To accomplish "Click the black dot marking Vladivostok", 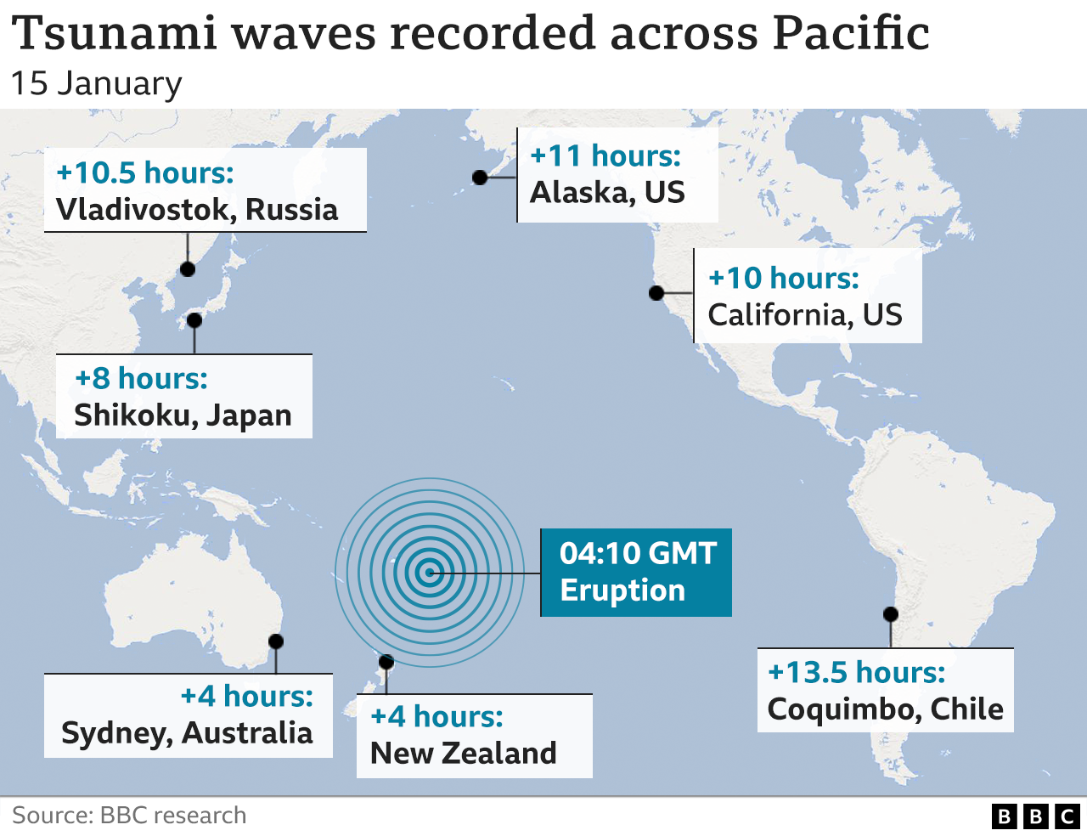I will point(188,269).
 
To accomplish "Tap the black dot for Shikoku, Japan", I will point(194,320).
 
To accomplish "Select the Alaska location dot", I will point(480,178).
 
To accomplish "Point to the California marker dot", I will point(656,293).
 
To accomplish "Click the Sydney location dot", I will point(276,641).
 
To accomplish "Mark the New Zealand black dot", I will point(386,662).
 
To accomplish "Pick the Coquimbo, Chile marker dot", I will point(891,614).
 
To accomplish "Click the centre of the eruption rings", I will point(430,573).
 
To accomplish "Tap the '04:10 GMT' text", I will point(638,553).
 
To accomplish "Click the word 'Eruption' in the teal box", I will point(622,590).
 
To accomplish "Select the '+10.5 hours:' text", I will point(145,173).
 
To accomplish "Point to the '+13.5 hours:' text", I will point(856,673).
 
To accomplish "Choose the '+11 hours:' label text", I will point(605,156).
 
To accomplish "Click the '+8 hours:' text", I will point(141,379).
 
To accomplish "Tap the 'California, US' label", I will point(805,315).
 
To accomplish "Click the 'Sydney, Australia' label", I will point(187,733).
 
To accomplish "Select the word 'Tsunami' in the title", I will point(115,34).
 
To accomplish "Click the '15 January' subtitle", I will point(97,83).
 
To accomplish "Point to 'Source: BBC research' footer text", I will point(129,816).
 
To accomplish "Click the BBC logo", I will point(1035,816).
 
